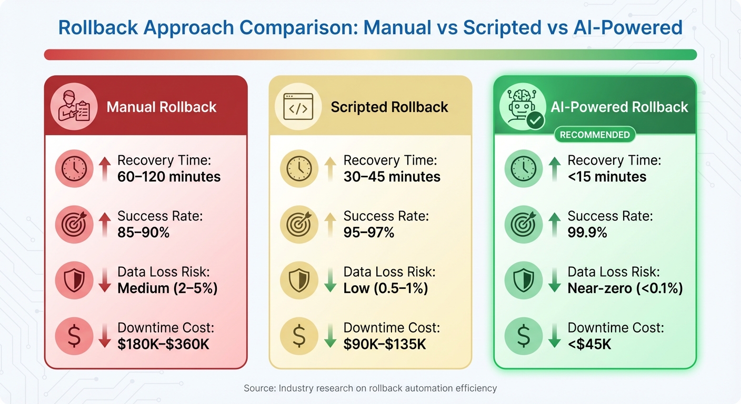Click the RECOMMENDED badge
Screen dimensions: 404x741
point(595,135)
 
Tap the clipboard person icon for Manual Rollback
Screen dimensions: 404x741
point(74,106)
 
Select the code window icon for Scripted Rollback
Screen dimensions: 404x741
point(298,106)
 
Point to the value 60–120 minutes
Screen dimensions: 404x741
point(169,177)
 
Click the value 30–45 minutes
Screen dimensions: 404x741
point(392,177)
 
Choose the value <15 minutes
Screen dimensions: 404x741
point(607,177)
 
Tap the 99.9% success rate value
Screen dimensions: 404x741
point(587,233)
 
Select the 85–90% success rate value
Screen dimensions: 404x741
point(143,233)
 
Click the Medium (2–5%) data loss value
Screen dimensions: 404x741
point(167,288)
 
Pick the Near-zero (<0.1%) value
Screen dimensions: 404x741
point(625,288)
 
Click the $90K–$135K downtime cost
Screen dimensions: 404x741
point(385,345)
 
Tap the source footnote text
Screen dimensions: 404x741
point(370,388)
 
